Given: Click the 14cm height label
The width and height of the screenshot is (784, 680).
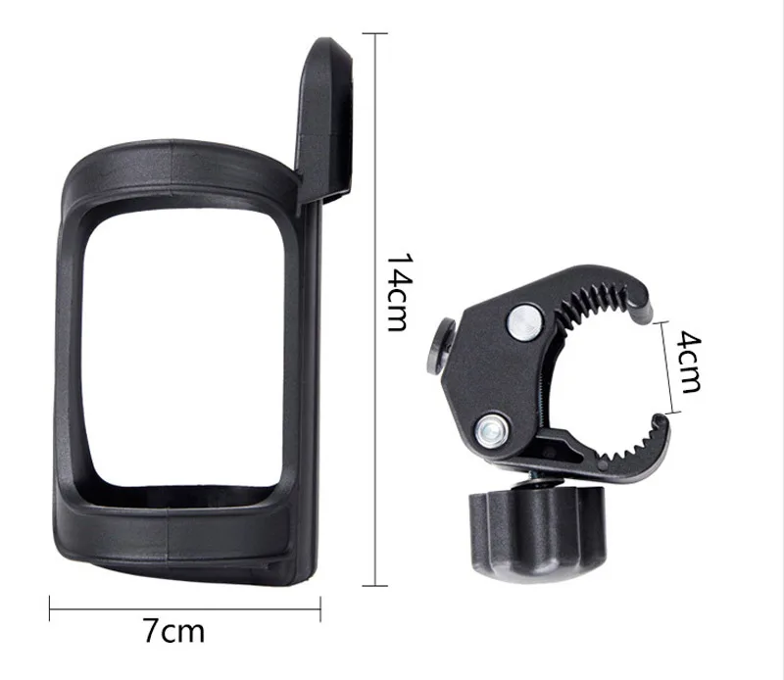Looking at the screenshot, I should coord(396,293).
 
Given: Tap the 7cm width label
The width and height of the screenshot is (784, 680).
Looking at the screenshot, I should coord(174,631).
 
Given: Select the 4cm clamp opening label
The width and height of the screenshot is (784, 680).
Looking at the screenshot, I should coord(689,362).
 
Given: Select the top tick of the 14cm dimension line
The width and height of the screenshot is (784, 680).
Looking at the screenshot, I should coord(377,34).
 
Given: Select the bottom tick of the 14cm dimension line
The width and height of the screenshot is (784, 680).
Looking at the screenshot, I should coord(377,586).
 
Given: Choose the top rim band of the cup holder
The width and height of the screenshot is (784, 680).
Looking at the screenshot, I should coord(176,158).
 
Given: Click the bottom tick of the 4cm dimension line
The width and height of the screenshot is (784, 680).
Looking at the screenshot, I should coord(670,412).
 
